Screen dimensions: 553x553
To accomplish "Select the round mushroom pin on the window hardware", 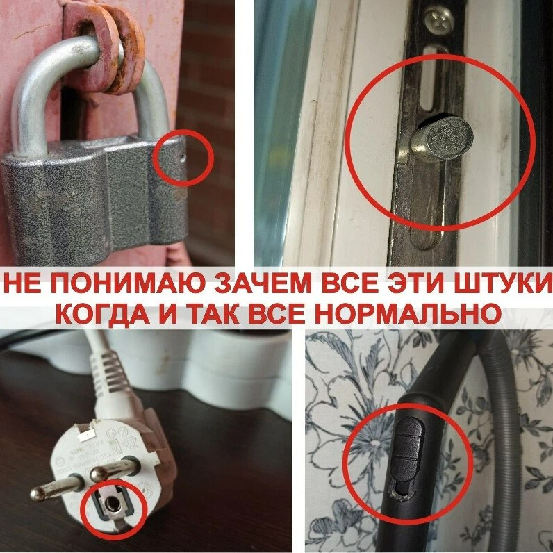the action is tap(442, 139).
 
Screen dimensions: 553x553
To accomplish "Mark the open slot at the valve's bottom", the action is tap(401, 490).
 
